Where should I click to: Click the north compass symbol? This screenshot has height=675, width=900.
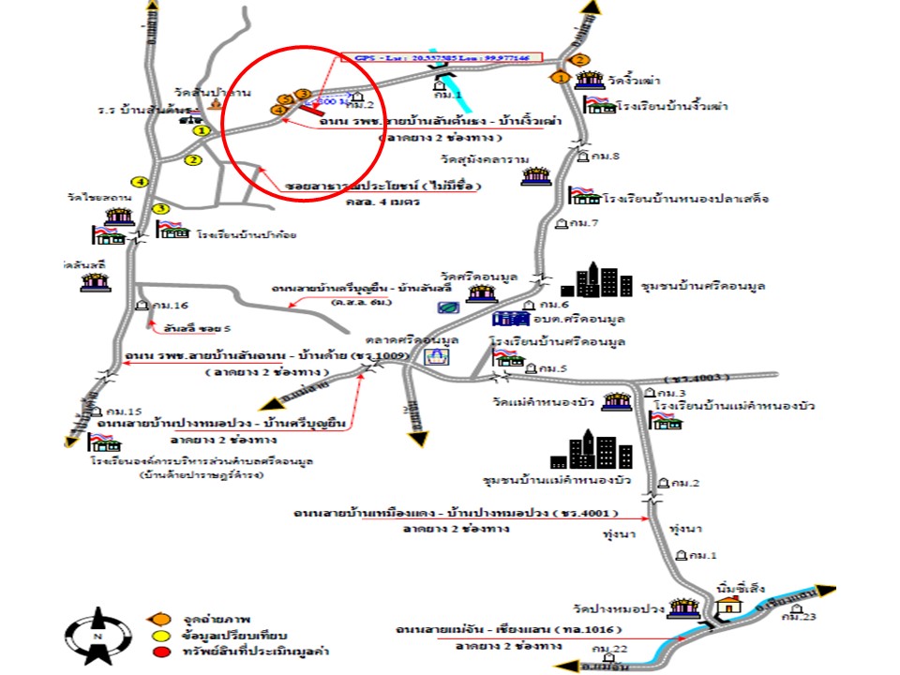point(97,637)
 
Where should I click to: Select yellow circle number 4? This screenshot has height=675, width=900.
point(141,181)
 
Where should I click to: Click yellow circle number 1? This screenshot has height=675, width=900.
point(201,131)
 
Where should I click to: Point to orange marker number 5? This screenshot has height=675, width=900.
point(287,99)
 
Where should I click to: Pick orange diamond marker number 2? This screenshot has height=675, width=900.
point(580,60)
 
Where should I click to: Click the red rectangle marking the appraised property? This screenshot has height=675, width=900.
point(312,110)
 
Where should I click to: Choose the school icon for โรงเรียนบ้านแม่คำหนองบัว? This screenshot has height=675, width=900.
point(667,422)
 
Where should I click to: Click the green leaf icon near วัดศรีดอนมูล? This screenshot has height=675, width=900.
point(447,306)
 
